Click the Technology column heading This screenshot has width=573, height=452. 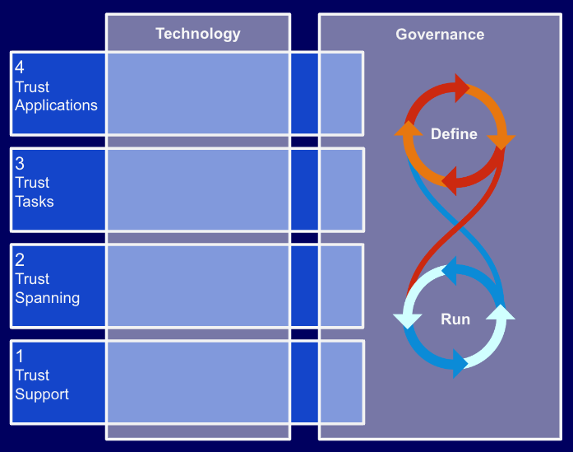tap(198, 34)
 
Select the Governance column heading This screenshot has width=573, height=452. tap(440, 35)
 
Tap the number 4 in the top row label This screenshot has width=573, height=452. tap(20, 68)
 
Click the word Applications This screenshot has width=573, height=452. tap(56, 105)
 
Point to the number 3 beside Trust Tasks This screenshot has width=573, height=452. tap(20, 164)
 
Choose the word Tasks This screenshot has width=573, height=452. tap(35, 201)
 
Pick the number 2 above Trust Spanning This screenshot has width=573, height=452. tap(20, 260)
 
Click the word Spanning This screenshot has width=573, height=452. tap(47, 297)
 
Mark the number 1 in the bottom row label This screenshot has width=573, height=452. tap(20, 356)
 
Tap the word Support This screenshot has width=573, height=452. tap(42, 394)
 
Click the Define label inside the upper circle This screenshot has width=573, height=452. tap(454, 134)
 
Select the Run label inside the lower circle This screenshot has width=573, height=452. tap(455, 319)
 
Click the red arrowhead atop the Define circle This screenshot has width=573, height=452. tap(461, 86)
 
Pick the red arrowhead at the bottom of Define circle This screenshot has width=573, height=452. tap(448, 178)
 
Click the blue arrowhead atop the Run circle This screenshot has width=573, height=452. tap(449, 272)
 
